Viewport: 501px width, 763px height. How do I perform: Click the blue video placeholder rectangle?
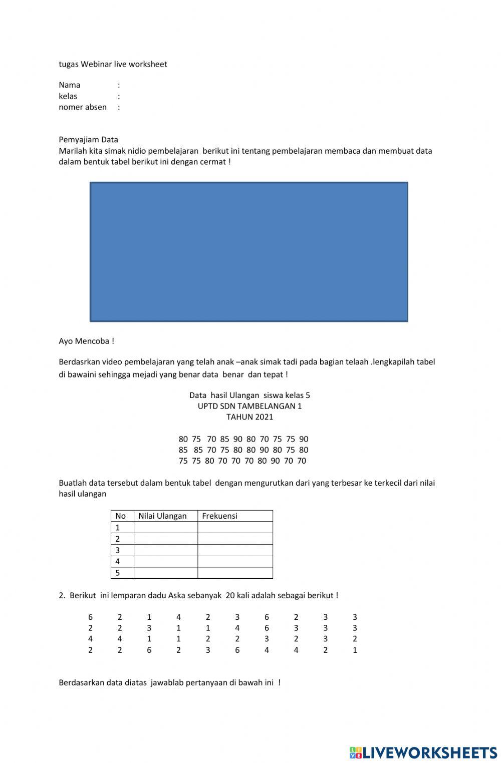coord(248,251)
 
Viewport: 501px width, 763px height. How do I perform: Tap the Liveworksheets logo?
coord(423,752)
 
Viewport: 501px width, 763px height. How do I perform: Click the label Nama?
coord(70,85)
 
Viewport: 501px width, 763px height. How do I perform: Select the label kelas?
coord(68,96)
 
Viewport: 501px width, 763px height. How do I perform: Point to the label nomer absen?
coord(83,107)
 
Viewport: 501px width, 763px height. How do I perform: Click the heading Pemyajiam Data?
coord(88,140)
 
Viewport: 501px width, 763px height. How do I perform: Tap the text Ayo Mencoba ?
coord(86,341)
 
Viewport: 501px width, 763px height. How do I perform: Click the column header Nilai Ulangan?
coord(162,516)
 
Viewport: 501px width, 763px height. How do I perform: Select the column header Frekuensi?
coord(219,516)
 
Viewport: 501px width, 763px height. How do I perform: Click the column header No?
coord(120,516)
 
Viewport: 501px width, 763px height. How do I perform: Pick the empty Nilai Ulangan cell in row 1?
coord(165,528)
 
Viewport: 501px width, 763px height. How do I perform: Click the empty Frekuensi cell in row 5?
coord(235,573)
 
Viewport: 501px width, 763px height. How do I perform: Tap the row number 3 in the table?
coord(118,550)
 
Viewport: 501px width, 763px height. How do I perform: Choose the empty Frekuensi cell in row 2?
coord(235,539)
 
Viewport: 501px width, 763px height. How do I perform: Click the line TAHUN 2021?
coord(249,417)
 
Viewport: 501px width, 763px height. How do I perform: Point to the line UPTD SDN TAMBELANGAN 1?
coord(249,406)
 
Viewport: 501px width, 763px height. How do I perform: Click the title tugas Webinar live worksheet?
coord(113,64)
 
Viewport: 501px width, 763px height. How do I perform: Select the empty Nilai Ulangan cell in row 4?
coord(165,562)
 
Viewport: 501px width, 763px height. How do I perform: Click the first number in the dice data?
coord(91,617)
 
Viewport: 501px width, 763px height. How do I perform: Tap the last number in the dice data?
coord(355,650)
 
